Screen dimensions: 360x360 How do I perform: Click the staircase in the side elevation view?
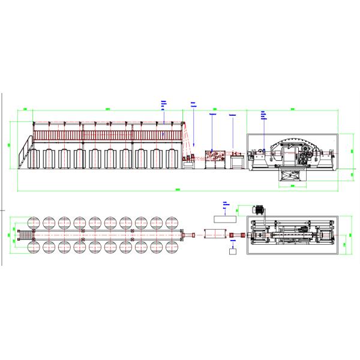25,154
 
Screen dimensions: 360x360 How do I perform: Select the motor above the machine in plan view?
260,210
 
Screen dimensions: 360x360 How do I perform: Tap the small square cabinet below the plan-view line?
233,252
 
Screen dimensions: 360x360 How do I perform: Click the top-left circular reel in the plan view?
34,223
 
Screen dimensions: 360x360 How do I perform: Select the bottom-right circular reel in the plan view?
173,246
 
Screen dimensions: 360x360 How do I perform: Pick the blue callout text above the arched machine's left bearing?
263,115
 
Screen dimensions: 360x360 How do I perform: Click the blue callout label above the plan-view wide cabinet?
224,205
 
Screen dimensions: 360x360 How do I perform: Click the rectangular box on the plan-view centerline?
214,234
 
